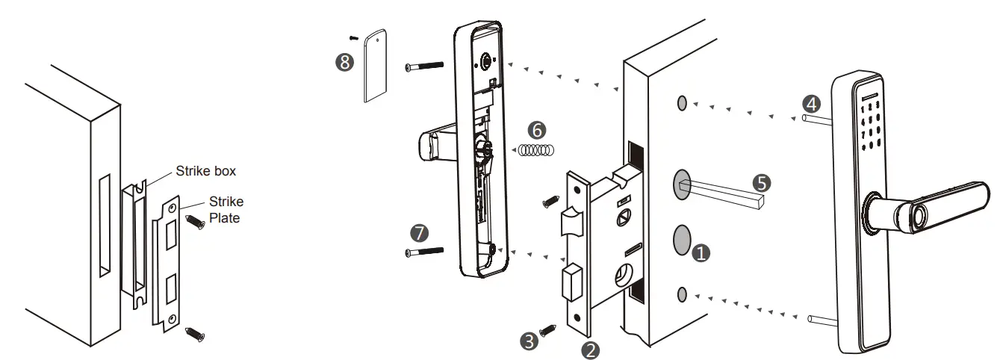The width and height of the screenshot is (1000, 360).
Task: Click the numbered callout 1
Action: tap(701, 254)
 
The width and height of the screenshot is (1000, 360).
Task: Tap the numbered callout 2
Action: tap(591, 350)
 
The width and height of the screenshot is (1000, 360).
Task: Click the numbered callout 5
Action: tap(761, 181)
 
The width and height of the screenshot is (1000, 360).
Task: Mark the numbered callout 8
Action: tap(344, 63)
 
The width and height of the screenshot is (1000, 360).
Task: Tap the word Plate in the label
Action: tap(225, 219)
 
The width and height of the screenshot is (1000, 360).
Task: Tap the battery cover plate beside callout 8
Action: tap(376, 66)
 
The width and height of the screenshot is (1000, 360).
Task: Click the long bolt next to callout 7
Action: tap(424, 252)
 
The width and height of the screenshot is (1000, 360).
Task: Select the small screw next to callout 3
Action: tap(550, 329)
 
